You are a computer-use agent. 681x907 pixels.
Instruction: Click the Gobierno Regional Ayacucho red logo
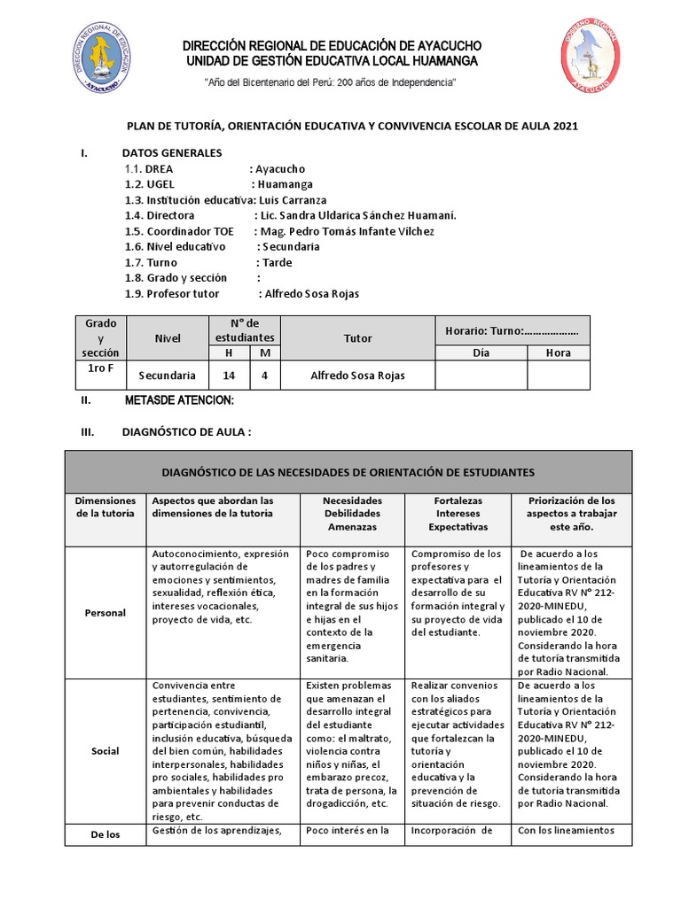click(590, 58)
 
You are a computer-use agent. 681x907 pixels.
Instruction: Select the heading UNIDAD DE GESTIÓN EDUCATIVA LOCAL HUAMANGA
click(331, 61)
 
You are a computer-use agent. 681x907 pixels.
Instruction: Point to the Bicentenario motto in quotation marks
click(331, 82)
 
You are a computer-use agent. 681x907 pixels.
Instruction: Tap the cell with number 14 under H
click(230, 376)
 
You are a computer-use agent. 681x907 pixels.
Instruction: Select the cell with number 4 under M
click(264, 376)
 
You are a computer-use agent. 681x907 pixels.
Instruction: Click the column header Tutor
click(357, 338)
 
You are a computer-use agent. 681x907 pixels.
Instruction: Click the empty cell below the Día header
click(481, 376)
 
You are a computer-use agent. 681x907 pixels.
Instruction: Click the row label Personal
click(105, 613)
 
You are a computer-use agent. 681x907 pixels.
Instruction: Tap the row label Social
click(105, 751)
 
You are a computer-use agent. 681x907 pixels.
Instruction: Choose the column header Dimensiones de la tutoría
click(105, 507)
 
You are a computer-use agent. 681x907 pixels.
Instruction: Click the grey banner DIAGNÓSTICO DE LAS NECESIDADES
click(348, 472)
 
